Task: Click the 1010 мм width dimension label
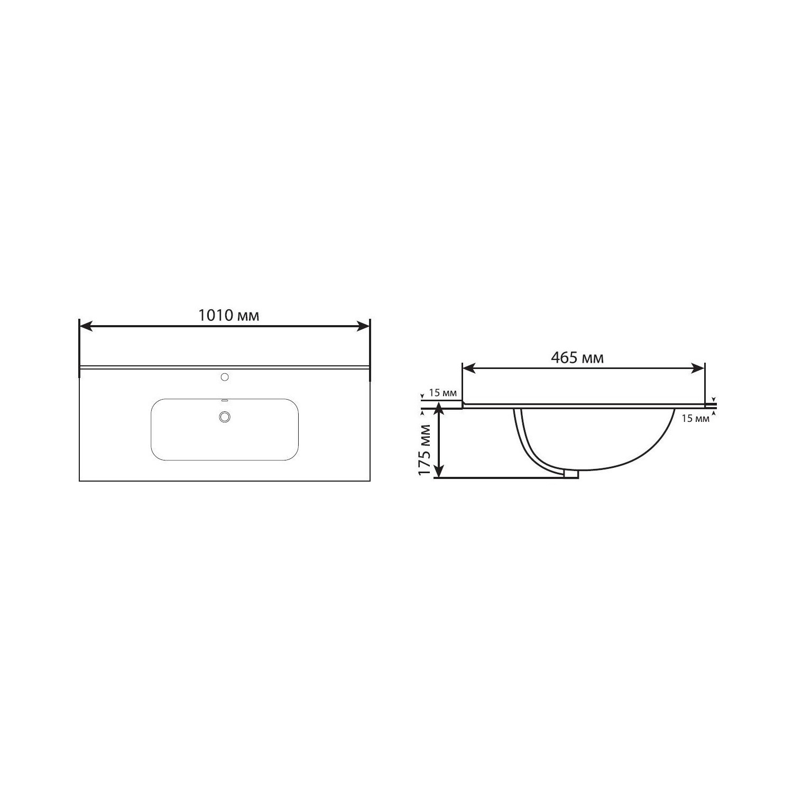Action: (229, 316)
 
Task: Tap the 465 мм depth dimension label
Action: (577, 358)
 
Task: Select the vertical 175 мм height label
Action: (425, 450)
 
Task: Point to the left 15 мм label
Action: (442, 393)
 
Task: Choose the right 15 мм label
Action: (695, 419)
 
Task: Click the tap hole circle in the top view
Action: (225, 377)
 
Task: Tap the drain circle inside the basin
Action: (225, 417)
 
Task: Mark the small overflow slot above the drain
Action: (224, 400)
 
